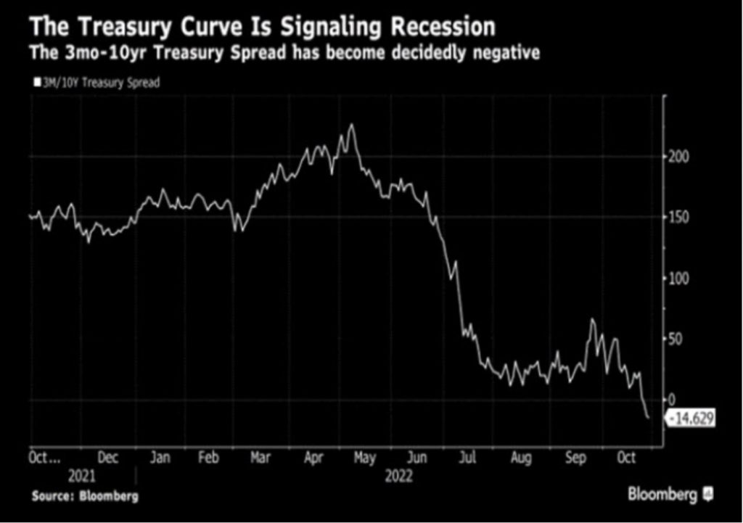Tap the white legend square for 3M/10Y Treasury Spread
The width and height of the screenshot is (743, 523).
(36, 83)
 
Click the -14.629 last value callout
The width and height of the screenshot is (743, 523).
(690, 419)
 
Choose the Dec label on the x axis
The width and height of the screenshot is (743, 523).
(107, 458)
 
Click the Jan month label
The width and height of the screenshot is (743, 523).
(160, 458)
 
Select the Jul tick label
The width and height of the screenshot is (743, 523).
(469, 458)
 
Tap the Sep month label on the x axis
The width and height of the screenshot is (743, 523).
(576, 458)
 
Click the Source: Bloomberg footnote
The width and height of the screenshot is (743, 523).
(85, 497)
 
